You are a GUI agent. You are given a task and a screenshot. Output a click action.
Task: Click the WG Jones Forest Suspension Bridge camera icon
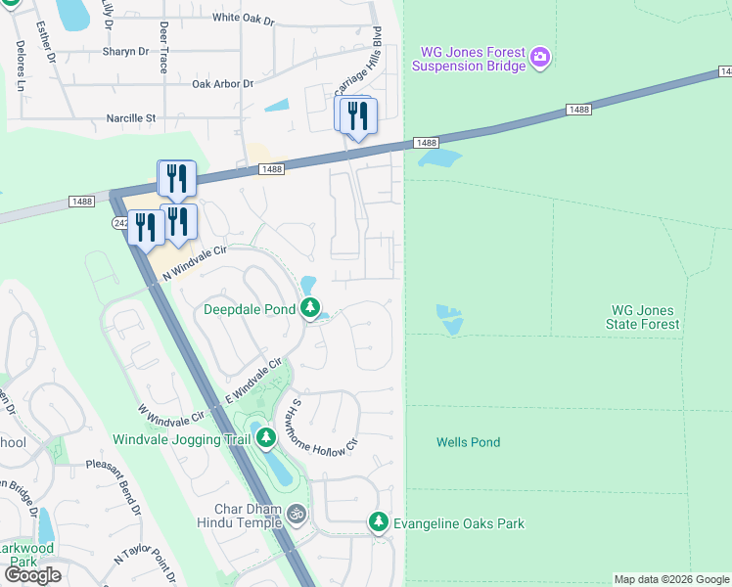point(541,59)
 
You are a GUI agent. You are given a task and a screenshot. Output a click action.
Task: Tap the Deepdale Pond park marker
point(310,309)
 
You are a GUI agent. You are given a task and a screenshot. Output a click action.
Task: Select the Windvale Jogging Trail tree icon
point(265,439)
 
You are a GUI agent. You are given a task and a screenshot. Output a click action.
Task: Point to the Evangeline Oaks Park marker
point(379,523)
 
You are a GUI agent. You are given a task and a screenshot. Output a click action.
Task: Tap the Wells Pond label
point(468,442)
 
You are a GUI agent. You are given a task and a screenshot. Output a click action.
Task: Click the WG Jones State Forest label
point(643,317)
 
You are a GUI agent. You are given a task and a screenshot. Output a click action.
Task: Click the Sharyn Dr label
point(125,51)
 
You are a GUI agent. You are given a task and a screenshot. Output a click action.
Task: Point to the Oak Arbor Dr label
point(222,84)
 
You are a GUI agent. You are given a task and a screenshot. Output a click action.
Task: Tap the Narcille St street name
point(131,118)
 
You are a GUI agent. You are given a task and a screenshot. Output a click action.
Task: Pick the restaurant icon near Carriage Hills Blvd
point(356,117)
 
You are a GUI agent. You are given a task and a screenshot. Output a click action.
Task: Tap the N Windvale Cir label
point(194,261)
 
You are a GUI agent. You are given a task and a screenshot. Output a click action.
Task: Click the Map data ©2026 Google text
point(671,579)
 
